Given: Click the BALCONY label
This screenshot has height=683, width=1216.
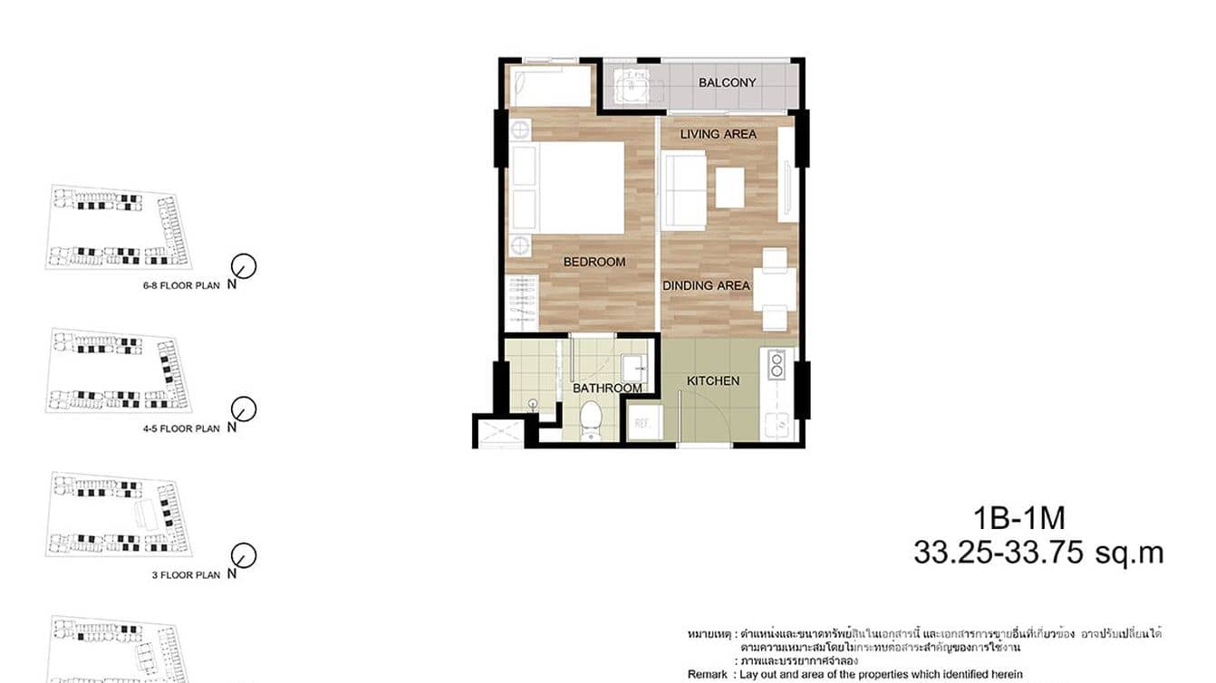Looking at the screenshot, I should click(x=727, y=82).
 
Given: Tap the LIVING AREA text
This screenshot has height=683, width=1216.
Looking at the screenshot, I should click(x=718, y=134).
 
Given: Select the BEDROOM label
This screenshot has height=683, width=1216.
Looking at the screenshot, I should click(x=594, y=262).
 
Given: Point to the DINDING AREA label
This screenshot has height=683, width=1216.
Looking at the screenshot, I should click(x=706, y=285).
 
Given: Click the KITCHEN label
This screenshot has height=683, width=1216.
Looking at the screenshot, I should click(x=713, y=381).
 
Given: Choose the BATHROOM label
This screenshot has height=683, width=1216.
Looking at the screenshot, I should click(x=607, y=389).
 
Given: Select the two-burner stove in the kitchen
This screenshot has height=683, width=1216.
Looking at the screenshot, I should click(x=777, y=364).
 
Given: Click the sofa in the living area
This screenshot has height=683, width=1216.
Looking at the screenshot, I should click(x=684, y=190).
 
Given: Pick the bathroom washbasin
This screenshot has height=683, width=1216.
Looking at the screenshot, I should click(x=634, y=368).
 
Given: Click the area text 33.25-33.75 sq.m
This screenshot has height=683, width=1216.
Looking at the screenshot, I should click(x=1037, y=553).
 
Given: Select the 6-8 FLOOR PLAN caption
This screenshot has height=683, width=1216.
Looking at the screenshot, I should click(x=181, y=284).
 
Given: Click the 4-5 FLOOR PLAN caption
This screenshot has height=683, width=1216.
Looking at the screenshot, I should click(x=181, y=428).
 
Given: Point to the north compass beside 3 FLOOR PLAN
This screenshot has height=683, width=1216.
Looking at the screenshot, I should click(x=244, y=554).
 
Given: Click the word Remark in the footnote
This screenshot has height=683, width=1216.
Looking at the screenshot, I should click(x=707, y=674).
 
